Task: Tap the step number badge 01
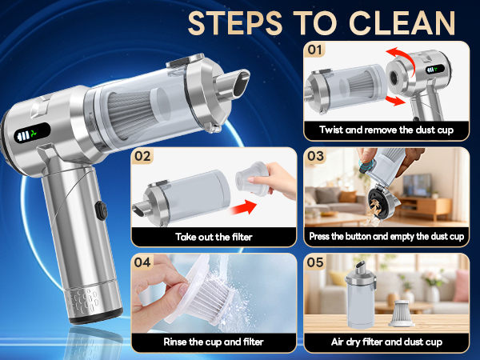click(x=317, y=50)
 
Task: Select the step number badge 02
click(x=143, y=157)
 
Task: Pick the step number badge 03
click(x=317, y=157)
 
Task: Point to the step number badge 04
click(x=143, y=262)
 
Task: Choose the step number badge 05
click(x=317, y=262)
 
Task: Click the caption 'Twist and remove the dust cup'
click(x=386, y=130)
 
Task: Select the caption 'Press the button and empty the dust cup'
click(x=386, y=237)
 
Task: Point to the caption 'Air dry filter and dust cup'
click(x=386, y=342)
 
